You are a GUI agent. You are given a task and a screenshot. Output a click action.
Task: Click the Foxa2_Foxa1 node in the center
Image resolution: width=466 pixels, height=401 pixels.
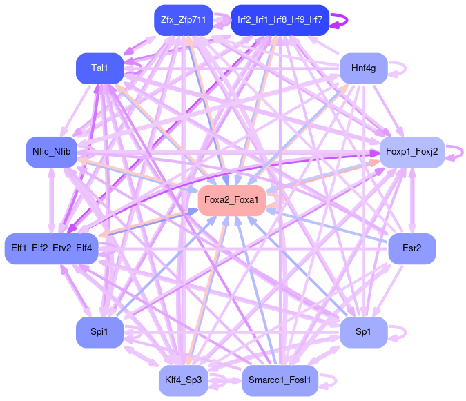point(231,200)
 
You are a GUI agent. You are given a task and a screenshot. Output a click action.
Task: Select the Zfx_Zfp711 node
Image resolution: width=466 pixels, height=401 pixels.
point(183,20)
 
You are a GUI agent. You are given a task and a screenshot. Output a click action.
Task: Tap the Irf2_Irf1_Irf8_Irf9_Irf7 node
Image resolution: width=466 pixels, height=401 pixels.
point(280,20)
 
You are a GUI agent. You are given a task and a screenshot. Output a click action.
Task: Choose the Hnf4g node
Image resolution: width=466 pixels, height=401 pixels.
point(363,68)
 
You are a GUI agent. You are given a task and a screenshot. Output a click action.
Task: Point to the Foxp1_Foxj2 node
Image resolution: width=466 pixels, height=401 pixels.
point(411,151)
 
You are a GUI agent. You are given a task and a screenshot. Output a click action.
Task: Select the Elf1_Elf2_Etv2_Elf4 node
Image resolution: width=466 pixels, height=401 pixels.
point(52,247)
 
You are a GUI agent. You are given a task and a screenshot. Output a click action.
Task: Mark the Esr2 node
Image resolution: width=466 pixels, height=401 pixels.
point(411,247)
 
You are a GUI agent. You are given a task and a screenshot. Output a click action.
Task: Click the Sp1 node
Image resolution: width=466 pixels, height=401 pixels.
point(363,333)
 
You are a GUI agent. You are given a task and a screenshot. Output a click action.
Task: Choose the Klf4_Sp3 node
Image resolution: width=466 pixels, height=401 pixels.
point(183,380)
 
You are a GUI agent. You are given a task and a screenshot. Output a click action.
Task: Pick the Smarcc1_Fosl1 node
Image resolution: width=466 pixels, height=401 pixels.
point(280,380)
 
